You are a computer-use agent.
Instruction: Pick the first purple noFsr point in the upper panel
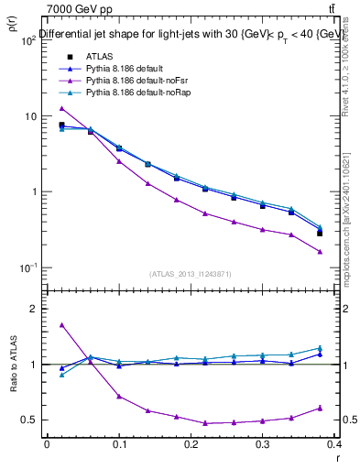[61, 108]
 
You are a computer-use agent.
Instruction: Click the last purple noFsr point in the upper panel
[320, 252]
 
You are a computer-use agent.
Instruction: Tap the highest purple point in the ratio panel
[61, 324]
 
